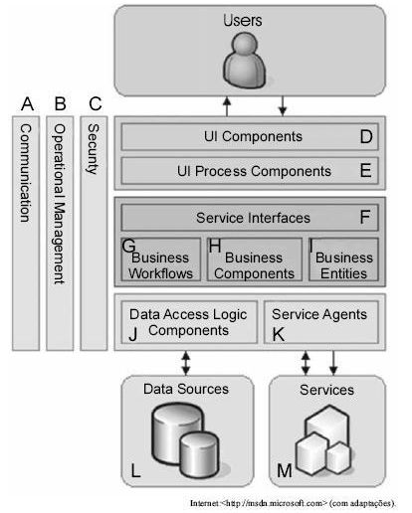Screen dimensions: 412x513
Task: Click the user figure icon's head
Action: [x=244, y=44]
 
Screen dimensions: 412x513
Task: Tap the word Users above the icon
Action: [x=243, y=20]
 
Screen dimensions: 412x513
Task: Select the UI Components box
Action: [x=250, y=136]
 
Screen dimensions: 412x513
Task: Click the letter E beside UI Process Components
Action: [x=365, y=171]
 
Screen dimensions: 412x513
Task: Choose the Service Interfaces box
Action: [x=250, y=218]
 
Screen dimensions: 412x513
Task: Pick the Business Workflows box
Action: [x=161, y=259]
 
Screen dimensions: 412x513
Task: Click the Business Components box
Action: [x=255, y=259]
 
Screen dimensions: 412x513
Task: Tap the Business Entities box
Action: [x=343, y=259]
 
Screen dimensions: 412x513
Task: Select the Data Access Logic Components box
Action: [x=189, y=322]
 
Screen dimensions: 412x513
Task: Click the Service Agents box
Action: [x=321, y=322]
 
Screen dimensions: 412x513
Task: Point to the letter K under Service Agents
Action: [x=278, y=334]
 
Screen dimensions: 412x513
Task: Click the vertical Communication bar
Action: [x=26, y=234]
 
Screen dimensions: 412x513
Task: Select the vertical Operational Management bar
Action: [x=60, y=234]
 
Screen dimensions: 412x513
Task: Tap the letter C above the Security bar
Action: [x=96, y=103]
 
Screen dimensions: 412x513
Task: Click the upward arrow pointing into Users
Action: [x=227, y=106]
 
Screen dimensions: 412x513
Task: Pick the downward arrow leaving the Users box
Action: [x=283, y=106]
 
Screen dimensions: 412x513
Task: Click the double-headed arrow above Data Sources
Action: [x=186, y=363]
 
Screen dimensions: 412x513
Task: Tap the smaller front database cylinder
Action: [x=200, y=453]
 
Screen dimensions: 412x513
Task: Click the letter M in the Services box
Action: [x=285, y=470]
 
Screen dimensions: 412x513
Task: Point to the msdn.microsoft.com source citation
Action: [x=293, y=503]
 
